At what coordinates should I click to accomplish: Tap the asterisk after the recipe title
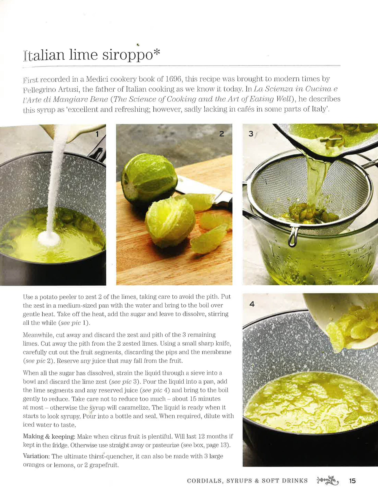point(157,52)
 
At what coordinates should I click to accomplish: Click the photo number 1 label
point(97,134)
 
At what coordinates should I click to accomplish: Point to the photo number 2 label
point(222,134)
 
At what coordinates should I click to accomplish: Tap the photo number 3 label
point(251,134)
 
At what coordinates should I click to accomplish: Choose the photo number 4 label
point(252,304)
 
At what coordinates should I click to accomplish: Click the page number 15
point(352,481)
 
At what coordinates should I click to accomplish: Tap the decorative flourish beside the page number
point(328,480)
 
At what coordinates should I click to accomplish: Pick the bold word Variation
point(37,456)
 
